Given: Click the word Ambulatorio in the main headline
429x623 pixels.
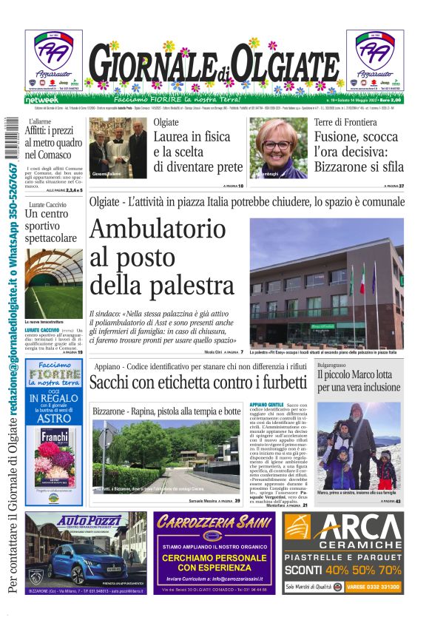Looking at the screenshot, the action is pos(158,232).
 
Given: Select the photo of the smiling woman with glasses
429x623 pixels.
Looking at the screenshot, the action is pos(281,148).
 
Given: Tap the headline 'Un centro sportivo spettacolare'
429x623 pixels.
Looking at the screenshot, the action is pos(50,226).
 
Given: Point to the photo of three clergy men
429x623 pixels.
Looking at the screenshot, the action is pos(118,147).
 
